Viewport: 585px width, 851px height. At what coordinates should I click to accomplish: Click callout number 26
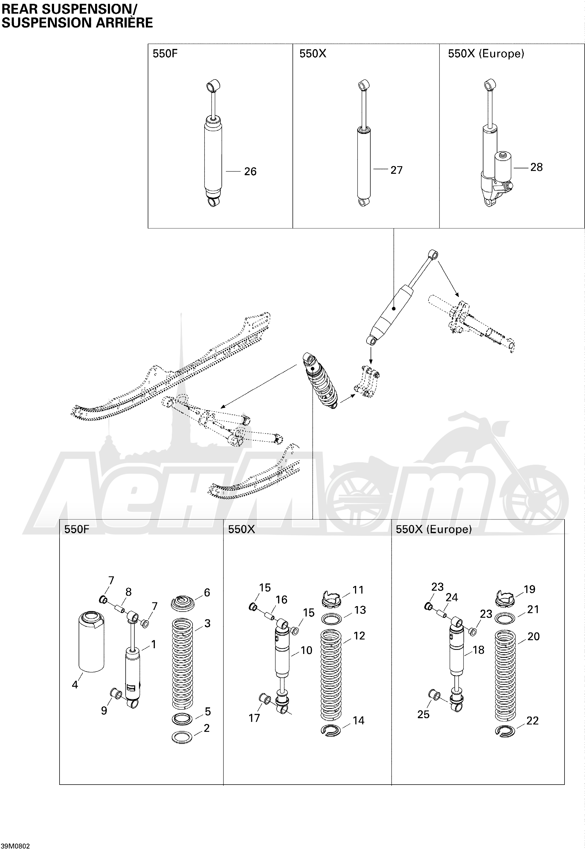tap(250, 171)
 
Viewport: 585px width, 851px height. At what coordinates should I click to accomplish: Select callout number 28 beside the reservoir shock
tap(536, 167)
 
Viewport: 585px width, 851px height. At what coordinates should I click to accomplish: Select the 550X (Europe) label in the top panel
tap(486, 54)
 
